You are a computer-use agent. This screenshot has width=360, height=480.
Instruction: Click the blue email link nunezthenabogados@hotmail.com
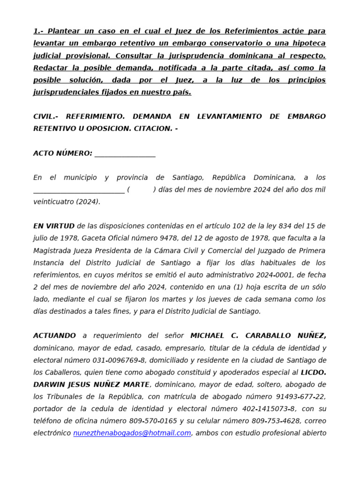click(132, 433)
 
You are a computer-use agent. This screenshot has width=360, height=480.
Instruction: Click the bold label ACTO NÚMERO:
click(63, 153)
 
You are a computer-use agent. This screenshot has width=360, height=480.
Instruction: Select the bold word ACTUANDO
click(54, 336)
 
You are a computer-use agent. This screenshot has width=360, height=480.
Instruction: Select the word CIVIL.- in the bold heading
click(46, 116)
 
